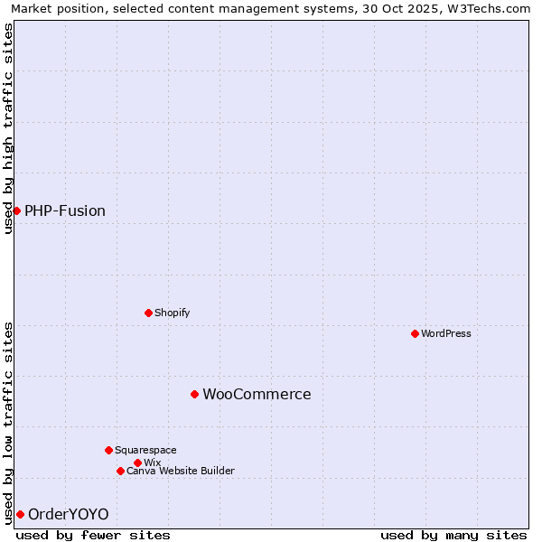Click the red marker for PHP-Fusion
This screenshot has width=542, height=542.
pyautogui.click(x=16, y=210)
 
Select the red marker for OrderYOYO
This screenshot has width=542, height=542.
pyautogui.click(x=20, y=514)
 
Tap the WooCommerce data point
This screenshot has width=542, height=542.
pyautogui.click(x=194, y=394)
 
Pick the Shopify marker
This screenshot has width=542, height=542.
pyautogui.click(x=148, y=313)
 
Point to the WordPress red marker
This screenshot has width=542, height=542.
pyautogui.click(x=415, y=333)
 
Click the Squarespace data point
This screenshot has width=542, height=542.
pyautogui.click(x=108, y=450)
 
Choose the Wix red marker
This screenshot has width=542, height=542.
pyautogui.click(x=137, y=463)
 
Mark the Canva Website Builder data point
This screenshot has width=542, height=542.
pyautogui.click(x=120, y=471)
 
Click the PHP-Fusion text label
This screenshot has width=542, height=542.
pyautogui.click(x=65, y=211)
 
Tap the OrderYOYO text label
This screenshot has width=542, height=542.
pyautogui.click(x=69, y=515)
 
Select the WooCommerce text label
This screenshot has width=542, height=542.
pyautogui.click(x=257, y=395)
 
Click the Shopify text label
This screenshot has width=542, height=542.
pyautogui.click(x=172, y=313)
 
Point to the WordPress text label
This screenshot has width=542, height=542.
pyautogui.click(x=446, y=333)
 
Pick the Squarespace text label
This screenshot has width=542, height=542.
pyautogui.click(x=145, y=450)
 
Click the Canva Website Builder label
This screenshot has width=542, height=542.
pyautogui.click(x=181, y=471)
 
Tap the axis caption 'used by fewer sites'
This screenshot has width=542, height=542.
pyautogui.click(x=93, y=535)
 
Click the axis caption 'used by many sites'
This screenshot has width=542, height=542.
pyautogui.click(x=453, y=535)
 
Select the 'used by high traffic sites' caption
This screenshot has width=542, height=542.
pyautogui.click(x=8, y=128)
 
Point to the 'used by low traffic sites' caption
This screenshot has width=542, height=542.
pyautogui.click(x=8, y=423)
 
